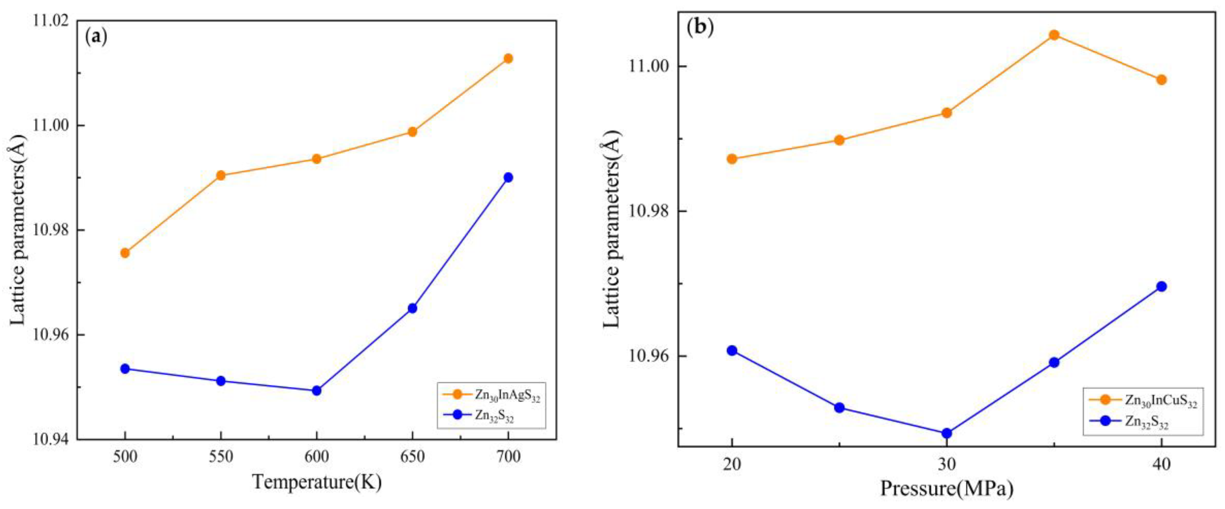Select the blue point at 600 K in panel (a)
click(x=316, y=391)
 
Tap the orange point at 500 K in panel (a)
click(x=124, y=252)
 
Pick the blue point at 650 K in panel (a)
click(x=412, y=308)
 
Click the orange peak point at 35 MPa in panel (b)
click(x=1054, y=35)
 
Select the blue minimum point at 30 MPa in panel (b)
click(x=946, y=433)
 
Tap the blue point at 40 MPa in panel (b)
click(x=1161, y=286)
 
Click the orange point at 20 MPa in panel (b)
click(x=732, y=159)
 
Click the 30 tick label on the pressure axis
click(x=946, y=464)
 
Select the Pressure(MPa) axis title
click(x=946, y=489)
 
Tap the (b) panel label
click(x=700, y=27)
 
